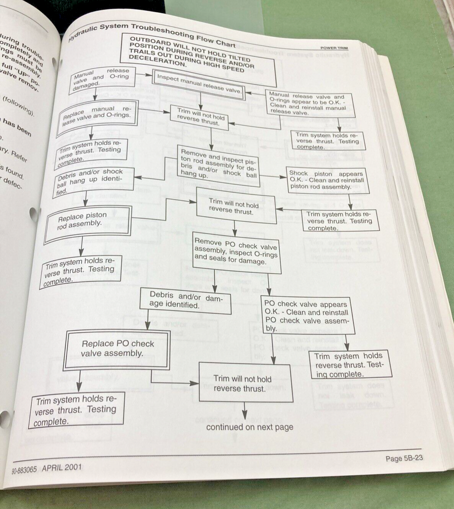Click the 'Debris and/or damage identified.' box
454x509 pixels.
(185, 300)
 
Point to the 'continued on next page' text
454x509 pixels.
(250, 427)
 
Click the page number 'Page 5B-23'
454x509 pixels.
(404, 458)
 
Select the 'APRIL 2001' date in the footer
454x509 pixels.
(62, 467)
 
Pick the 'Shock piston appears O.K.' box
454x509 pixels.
(326, 180)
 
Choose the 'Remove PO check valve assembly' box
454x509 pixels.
(236, 252)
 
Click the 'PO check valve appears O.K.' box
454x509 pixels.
(306, 316)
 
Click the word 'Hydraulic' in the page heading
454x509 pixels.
(83, 32)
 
